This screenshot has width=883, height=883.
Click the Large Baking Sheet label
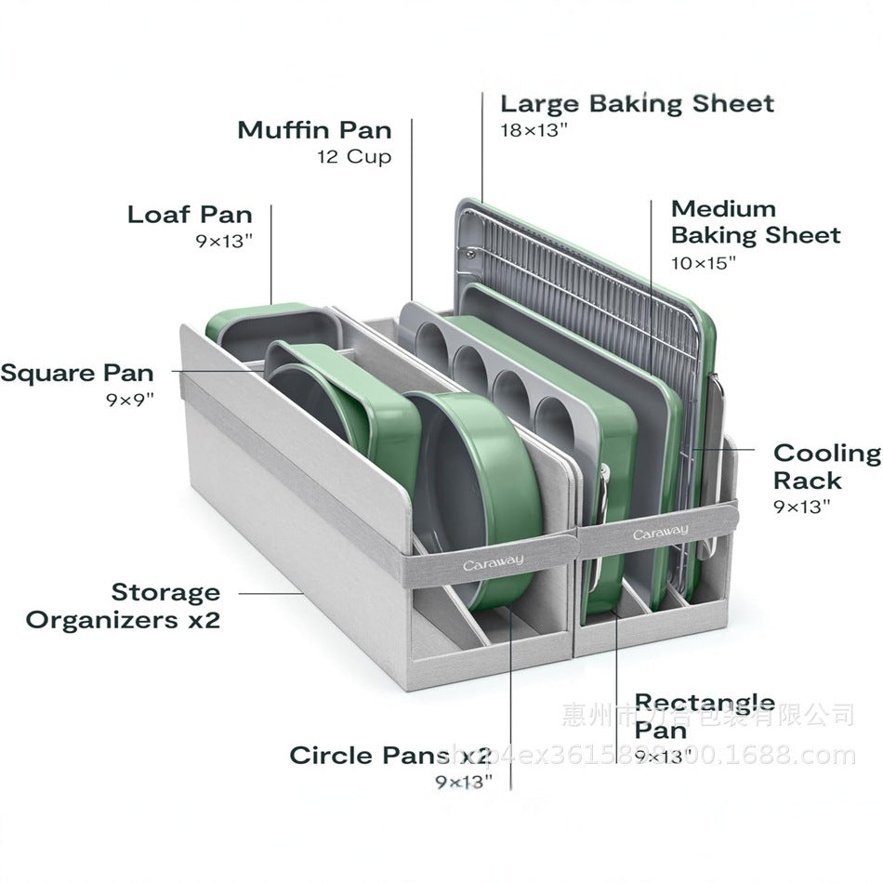coord(637,103)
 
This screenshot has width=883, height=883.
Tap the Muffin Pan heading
coord(314,129)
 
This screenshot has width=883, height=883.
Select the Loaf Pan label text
coord(190,215)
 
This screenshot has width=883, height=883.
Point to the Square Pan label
coord(77,374)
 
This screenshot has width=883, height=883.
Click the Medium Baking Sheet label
coord(755,222)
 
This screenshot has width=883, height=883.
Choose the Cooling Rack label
coord(826,467)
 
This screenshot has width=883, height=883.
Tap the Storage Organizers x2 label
coord(124,606)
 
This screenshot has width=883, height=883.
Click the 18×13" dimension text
coord(534,130)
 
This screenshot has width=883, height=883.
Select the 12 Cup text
coord(354,156)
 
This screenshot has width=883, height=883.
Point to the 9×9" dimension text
coord(130,401)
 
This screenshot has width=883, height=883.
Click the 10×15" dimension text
coord(703,263)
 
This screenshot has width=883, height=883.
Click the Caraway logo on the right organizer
coord(661,533)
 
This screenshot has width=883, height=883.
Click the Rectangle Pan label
coord(704,716)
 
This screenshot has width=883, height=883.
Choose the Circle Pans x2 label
coord(389,755)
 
